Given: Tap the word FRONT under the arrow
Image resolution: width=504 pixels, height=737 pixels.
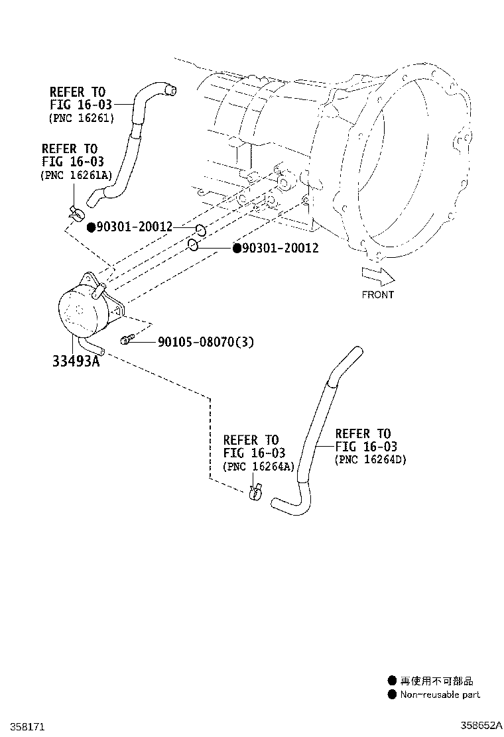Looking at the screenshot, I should [x=377, y=295].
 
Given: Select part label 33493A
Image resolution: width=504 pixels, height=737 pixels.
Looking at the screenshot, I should [x=77, y=361].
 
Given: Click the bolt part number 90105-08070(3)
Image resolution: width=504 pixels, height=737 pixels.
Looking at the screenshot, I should [x=206, y=342].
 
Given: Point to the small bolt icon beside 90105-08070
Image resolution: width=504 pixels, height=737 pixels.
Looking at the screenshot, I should [x=127, y=340].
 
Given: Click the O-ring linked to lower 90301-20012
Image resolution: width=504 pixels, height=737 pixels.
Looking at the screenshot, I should [x=192, y=245].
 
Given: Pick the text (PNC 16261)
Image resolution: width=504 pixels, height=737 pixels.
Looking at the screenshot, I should [x=82, y=119].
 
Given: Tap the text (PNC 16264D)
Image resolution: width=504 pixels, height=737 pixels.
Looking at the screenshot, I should [x=370, y=459].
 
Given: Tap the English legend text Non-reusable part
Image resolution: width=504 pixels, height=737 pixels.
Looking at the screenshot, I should [x=440, y=695].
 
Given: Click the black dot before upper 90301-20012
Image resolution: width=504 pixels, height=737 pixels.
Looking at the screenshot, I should [x=92, y=227].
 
